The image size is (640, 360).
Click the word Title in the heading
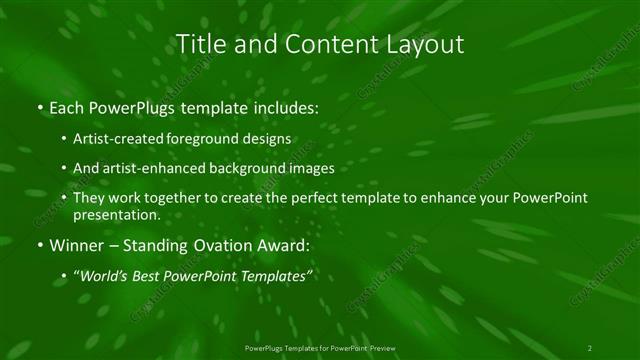tap(200, 44)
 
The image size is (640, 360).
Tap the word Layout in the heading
tap(426, 44)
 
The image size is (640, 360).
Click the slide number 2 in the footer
tap(590, 347)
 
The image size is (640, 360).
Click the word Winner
tap(74, 244)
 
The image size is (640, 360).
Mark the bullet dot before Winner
tap(39, 245)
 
